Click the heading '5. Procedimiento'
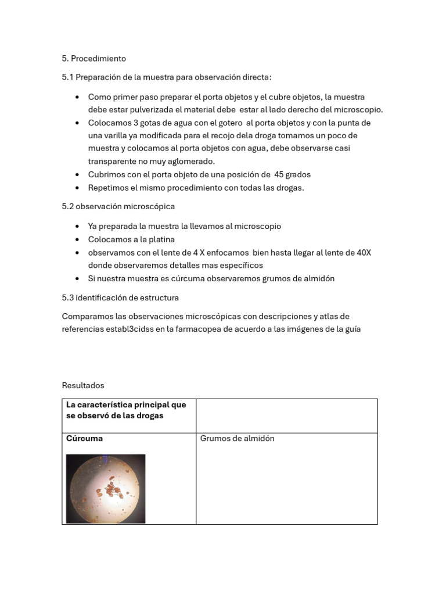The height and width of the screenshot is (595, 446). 93,59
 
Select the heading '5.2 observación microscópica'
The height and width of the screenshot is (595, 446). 118,206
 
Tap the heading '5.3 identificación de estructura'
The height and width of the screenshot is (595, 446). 120,297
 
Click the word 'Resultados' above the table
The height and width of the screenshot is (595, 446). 82,385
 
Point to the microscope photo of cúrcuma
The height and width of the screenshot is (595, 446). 105,489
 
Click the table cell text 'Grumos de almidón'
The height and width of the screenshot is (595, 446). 237,439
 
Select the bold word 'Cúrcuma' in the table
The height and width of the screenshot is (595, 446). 84,439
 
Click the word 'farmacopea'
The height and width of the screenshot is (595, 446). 201,329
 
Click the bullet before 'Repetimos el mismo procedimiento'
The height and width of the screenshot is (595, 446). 78,188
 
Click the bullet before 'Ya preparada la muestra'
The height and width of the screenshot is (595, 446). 78,226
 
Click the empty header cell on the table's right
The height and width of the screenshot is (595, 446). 286,415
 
